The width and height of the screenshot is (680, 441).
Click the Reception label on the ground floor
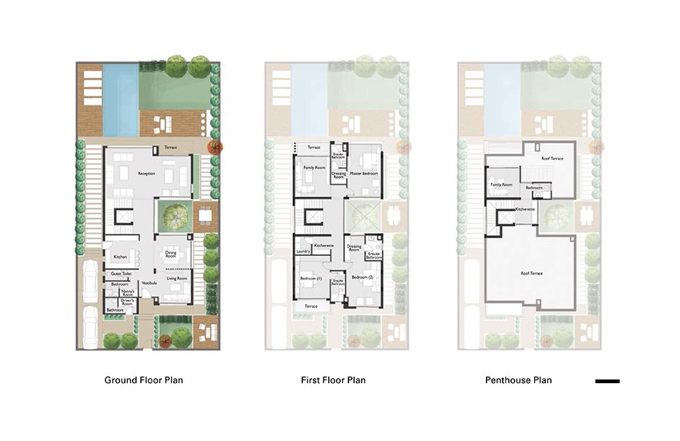(x=147, y=174)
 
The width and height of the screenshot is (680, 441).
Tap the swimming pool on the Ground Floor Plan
(x=120, y=98)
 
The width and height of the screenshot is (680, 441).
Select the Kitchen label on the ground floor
(x=120, y=257)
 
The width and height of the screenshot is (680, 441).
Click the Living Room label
(x=177, y=278)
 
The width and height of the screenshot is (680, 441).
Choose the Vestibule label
(x=149, y=283)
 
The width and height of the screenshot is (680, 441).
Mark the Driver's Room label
(x=127, y=301)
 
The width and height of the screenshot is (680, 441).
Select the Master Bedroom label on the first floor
(x=364, y=173)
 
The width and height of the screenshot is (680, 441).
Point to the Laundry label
(x=303, y=251)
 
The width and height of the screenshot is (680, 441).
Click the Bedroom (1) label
(x=311, y=278)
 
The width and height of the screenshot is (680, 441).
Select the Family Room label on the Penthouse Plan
(x=501, y=184)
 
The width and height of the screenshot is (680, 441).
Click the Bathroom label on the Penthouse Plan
(x=535, y=187)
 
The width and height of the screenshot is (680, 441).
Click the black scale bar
(x=607, y=381)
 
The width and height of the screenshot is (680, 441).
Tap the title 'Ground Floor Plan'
(x=144, y=380)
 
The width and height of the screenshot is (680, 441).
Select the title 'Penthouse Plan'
(x=518, y=380)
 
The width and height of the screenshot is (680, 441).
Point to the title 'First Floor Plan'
(x=332, y=380)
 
